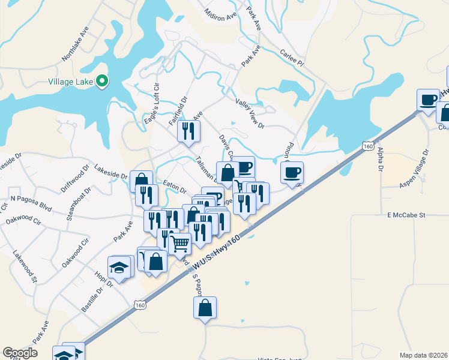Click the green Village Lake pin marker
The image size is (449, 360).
[x=102, y=81]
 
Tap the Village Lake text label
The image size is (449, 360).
[x=71, y=82]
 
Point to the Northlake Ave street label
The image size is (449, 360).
[x=75, y=44]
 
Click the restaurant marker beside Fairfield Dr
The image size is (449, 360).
[x=188, y=131]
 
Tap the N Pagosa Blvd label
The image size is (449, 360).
[x=31, y=200]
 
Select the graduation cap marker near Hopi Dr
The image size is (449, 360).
[x=119, y=267]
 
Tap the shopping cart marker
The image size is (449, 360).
[x=179, y=244]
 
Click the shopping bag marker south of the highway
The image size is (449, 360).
[x=205, y=308]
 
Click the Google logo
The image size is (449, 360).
[x=20, y=353]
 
